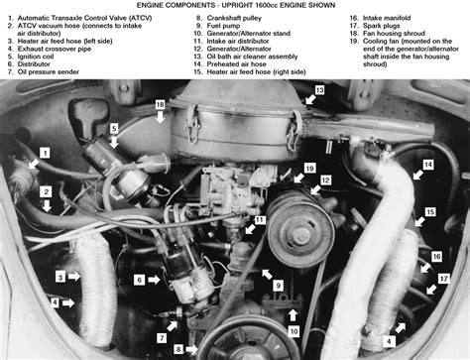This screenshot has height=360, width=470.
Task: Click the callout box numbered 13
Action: tap(319, 90)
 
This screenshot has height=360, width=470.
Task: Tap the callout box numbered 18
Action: tap(160, 105)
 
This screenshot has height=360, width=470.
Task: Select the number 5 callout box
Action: tap(114, 129)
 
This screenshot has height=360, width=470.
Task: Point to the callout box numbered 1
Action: tap(45, 153)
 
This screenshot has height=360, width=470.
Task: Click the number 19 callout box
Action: tap(309, 169)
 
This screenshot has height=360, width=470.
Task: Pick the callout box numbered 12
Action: tap(325, 180)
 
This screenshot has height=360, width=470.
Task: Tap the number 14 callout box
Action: tap(428, 165)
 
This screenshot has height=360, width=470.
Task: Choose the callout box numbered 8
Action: tap(178, 349)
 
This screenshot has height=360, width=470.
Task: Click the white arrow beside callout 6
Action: tap(154, 280)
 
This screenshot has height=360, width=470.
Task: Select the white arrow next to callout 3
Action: tap(74, 277)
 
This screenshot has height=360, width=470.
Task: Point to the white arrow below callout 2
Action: tap(47, 205)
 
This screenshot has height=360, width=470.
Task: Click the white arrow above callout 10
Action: tap(293, 315)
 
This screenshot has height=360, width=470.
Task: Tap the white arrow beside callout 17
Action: tap(431, 290)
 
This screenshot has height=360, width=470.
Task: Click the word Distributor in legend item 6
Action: tap(34, 64)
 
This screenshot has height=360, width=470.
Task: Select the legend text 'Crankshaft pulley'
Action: tap(234, 18)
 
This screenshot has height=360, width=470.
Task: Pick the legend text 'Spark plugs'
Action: tap(382, 26)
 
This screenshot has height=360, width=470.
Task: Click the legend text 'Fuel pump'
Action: tap(223, 26)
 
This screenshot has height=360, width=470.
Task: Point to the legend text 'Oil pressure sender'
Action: tap(49, 71)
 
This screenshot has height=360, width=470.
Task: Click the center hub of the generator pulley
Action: tap(300, 234)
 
